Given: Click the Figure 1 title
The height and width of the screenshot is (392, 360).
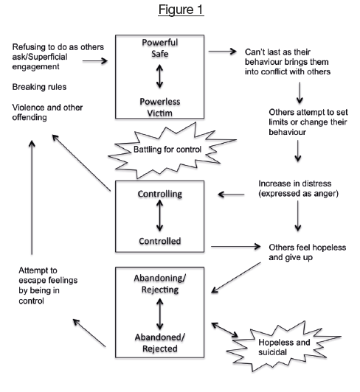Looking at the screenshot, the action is pyautogui.click(x=181, y=10).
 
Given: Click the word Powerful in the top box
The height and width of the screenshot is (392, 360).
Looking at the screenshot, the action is pyautogui.click(x=160, y=42).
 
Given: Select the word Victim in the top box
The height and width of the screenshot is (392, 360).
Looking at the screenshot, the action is pyautogui.click(x=160, y=113).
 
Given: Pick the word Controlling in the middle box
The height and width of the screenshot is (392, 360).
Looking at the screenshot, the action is pyautogui.click(x=160, y=194).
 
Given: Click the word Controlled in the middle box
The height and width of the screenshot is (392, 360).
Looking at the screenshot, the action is pyautogui.click(x=160, y=241).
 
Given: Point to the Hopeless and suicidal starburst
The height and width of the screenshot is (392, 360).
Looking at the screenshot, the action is pyautogui.click(x=283, y=347).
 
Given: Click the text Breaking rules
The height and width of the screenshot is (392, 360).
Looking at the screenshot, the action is pyautogui.click(x=39, y=87).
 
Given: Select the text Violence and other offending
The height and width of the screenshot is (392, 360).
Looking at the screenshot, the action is pyautogui.click(x=47, y=112).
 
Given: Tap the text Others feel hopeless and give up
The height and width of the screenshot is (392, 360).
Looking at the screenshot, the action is pyautogui.click(x=308, y=252).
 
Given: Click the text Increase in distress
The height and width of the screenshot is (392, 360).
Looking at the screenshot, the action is pyautogui.click(x=295, y=183).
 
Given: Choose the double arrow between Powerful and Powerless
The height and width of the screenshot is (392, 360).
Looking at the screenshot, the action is pyautogui.click(x=160, y=76).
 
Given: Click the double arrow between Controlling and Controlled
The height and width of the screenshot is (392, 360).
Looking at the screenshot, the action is pyautogui.click(x=160, y=216).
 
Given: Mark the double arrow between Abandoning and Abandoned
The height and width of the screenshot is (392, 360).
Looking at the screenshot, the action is pyautogui.click(x=160, y=314).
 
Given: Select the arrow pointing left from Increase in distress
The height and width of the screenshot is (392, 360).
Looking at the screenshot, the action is pyautogui.click(x=231, y=195).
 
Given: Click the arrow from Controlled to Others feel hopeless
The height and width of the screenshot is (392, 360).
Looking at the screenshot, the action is pyautogui.click(x=236, y=247).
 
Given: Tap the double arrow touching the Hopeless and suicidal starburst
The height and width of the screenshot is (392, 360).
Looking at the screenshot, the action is pyautogui.click(x=225, y=330).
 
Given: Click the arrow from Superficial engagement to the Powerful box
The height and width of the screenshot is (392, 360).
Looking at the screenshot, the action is pyautogui.click(x=95, y=60).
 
